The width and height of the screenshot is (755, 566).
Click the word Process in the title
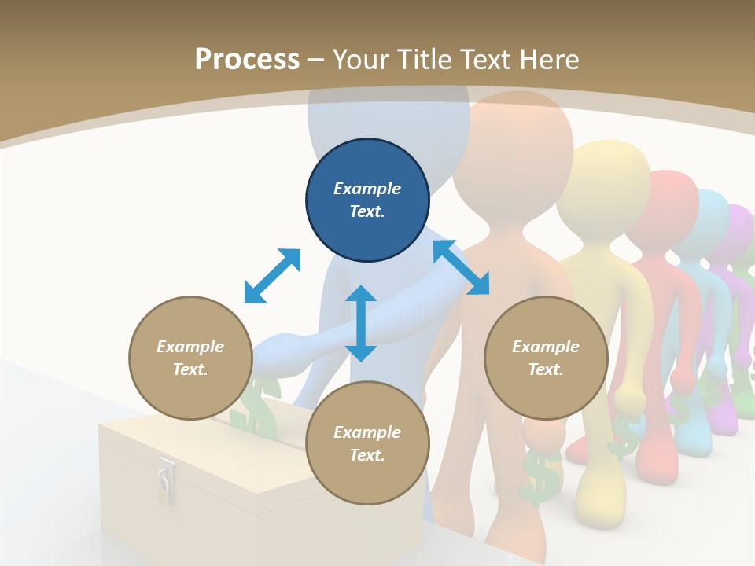click(247, 60)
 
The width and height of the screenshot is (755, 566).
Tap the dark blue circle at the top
click(367, 200)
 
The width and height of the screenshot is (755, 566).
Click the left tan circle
click(190, 358)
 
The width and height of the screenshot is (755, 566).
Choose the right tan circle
click(546, 358)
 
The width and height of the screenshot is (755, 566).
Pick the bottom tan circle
click(367, 443)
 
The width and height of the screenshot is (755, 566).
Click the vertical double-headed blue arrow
click(361, 323)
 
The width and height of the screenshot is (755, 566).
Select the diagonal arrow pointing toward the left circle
click(272, 276)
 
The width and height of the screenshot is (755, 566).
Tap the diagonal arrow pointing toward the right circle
click(461, 267)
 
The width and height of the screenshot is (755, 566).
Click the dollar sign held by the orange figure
click(540, 476)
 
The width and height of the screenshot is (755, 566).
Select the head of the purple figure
click(738, 228)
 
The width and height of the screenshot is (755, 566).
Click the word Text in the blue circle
click(367, 211)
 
